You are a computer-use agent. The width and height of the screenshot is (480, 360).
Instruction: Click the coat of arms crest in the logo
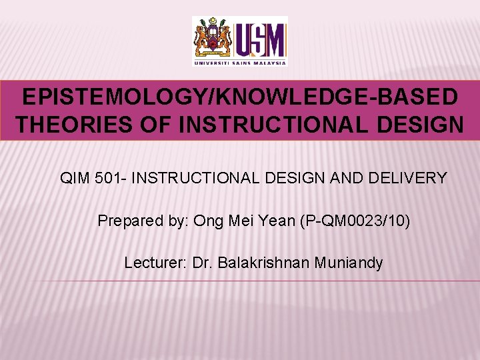tap(213, 39)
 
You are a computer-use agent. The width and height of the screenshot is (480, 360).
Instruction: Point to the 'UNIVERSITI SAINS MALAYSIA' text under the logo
tap(240, 63)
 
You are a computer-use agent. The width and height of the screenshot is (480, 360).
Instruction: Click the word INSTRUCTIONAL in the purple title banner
tap(259, 124)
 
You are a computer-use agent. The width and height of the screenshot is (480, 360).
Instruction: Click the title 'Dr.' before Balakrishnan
tap(201, 263)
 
